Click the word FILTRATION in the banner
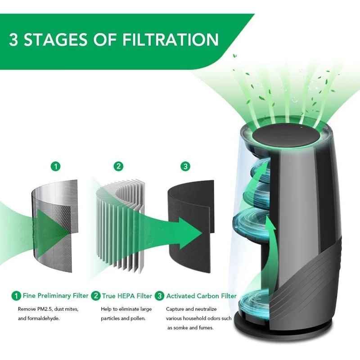coord(170,39)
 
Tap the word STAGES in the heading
coord(55,39)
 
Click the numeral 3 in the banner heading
coord(13,40)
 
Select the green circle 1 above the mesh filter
coord(55,166)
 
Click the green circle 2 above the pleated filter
coord(118,166)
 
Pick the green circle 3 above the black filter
coord(185,166)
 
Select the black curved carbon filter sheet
coord(191,226)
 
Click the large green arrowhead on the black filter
coord(189,233)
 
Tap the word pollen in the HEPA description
coord(138,319)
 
